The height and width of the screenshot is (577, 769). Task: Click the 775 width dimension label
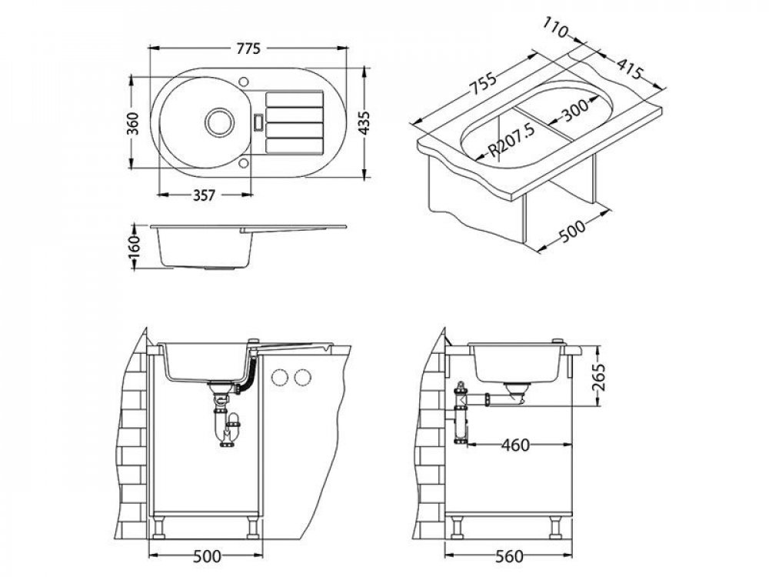click(x=248, y=48)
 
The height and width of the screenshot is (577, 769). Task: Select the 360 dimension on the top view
click(x=133, y=123)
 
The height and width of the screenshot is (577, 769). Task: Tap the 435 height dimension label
click(x=364, y=123)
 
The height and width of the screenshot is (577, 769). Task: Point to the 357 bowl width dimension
click(x=204, y=195)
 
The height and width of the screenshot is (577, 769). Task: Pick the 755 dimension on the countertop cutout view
click(x=483, y=83)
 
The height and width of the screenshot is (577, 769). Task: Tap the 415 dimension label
click(x=629, y=68)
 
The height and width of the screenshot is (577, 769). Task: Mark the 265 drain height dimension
click(x=598, y=377)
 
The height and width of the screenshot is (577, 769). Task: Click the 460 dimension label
click(x=515, y=445)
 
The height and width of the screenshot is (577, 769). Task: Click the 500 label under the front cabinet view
click(x=206, y=556)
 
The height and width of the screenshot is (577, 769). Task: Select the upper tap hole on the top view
click(x=244, y=81)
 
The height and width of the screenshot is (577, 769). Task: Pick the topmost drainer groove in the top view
click(x=295, y=99)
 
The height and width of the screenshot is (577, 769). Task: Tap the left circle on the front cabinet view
click(x=280, y=377)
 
